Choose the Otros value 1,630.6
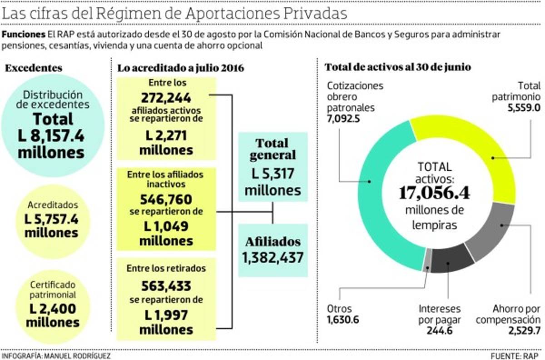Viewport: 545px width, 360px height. click(343, 320)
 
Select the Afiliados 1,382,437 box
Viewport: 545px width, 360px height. click(272, 250)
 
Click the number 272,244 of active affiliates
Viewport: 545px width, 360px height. click(166, 98)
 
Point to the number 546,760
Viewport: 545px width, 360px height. click(166, 200)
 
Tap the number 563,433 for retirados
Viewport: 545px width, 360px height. click(166, 286)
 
